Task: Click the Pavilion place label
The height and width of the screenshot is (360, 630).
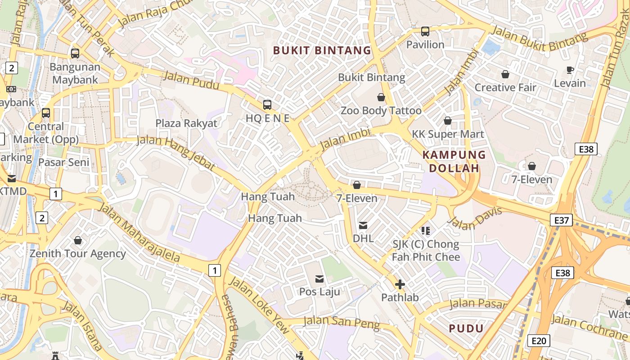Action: pyautogui.click(x=425, y=45)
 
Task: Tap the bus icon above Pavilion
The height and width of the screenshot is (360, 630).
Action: pyautogui.click(x=425, y=31)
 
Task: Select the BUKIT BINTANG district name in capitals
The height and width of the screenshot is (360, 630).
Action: pyautogui.click(x=322, y=50)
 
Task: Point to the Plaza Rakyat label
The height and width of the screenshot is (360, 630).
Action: pyautogui.click(x=186, y=123)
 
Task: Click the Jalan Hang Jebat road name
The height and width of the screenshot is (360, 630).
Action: pyautogui.click(x=176, y=153)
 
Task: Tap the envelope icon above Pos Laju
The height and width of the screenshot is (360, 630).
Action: pyautogui.click(x=319, y=279)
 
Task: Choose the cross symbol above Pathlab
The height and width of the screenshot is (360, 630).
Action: pyautogui.click(x=400, y=284)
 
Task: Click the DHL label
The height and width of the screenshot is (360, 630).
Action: pyautogui.click(x=363, y=238)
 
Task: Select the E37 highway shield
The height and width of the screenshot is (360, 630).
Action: pyautogui.click(x=561, y=220)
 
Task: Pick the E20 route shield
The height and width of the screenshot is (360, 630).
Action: pyautogui.click(x=538, y=341)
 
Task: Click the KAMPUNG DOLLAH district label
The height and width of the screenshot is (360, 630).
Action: pyautogui.click(x=454, y=162)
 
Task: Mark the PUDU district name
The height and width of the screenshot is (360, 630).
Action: pyautogui.click(x=466, y=328)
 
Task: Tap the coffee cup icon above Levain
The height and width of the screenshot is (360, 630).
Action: pyautogui.click(x=570, y=70)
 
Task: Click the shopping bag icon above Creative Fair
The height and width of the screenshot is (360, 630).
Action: pyautogui.click(x=505, y=74)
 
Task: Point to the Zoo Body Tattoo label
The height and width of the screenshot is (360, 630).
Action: pyautogui.click(x=381, y=111)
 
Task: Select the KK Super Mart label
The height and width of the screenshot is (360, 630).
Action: pyautogui.click(x=448, y=134)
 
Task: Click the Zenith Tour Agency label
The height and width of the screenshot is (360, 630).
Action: pyautogui.click(x=78, y=254)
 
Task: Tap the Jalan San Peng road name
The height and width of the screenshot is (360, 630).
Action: pyautogui.click(x=342, y=322)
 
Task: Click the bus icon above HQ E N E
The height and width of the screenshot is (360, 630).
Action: pyautogui.click(x=267, y=105)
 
